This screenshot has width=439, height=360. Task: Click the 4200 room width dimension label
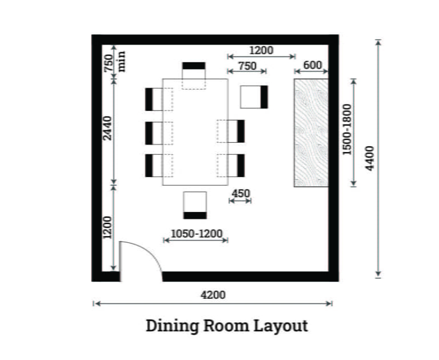213,295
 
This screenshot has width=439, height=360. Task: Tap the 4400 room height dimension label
369,159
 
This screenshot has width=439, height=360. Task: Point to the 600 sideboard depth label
312,65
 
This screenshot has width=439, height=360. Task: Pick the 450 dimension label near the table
241,194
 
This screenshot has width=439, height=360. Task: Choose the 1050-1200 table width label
196,233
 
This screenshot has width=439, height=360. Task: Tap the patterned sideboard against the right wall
311,133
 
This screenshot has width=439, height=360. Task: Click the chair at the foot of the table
195,205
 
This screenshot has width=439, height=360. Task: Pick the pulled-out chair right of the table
254,97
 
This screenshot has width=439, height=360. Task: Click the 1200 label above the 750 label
261,50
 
